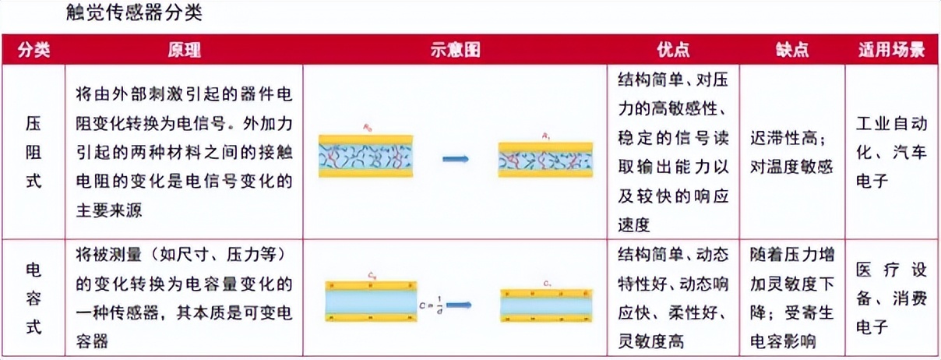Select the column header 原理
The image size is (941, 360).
pos(184,50)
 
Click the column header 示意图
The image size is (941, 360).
pos(454,50)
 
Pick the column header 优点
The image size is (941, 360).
pos(673,50)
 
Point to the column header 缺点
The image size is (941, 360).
pos(792,50)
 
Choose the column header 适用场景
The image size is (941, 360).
pos(892,50)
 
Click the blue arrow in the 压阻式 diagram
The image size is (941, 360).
pos(455,159)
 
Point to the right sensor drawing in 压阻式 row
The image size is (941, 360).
pos(545,159)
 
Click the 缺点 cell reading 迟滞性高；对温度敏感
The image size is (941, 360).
pos(791,153)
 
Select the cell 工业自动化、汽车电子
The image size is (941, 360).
pos(892,153)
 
